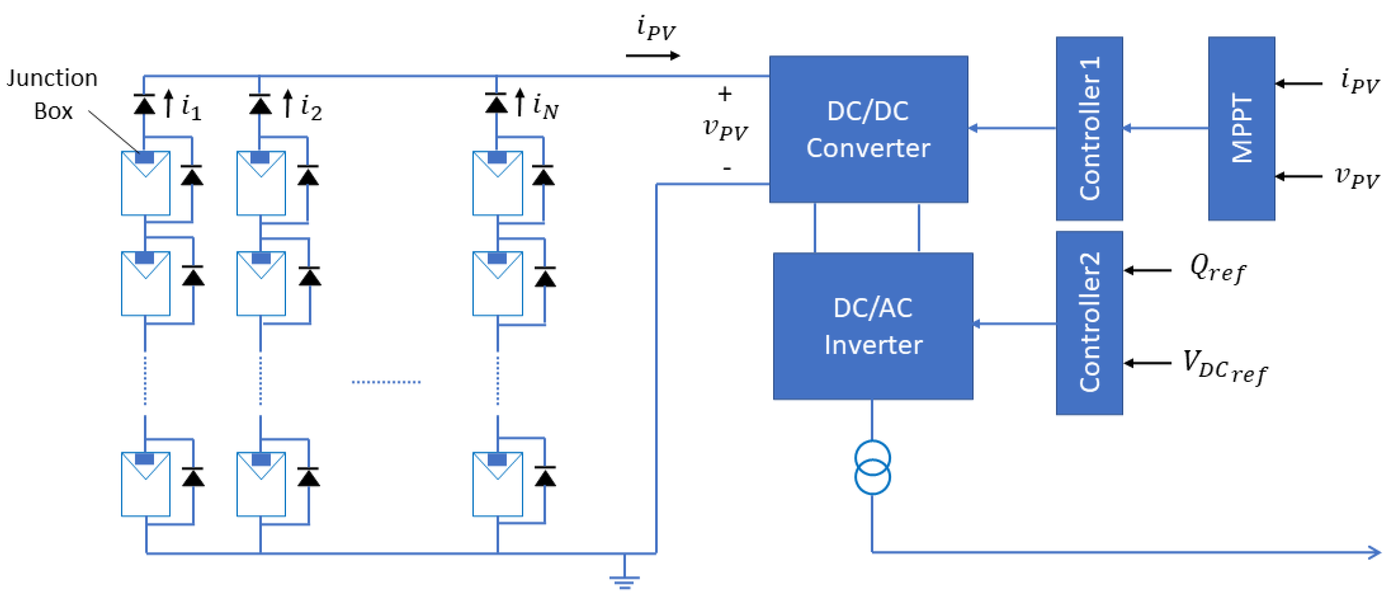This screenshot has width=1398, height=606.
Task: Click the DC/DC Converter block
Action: (868, 129)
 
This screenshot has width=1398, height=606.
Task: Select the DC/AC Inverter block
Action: (872, 326)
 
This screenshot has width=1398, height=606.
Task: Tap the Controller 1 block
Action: (1089, 129)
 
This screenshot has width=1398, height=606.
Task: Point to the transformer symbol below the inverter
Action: (872, 467)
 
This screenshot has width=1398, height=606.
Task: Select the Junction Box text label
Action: (53, 94)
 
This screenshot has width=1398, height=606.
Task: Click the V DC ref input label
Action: (1224, 367)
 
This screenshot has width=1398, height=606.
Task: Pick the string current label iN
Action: (545, 106)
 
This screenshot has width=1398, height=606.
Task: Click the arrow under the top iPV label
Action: (652, 55)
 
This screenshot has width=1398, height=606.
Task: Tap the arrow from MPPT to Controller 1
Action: (1165, 128)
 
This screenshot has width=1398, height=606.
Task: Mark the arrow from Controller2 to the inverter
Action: (1014, 324)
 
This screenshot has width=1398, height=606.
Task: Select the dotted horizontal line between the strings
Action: (386, 382)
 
